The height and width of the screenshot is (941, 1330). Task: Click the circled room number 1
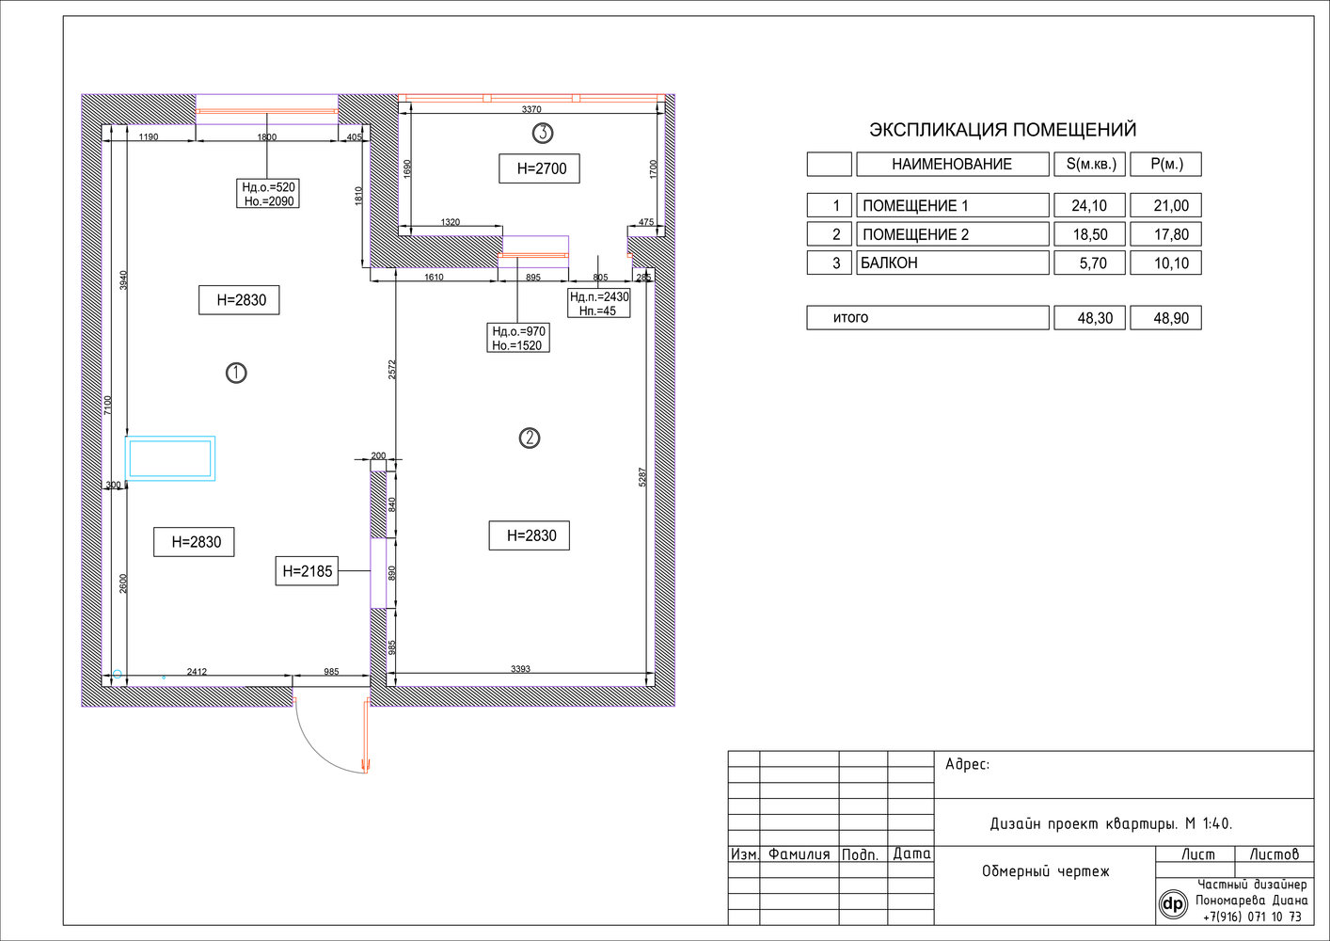[x=236, y=373]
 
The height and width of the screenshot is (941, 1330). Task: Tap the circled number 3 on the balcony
[x=543, y=133]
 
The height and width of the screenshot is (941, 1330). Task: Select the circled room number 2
[x=530, y=439]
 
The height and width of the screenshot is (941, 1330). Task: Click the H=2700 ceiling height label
[x=539, y=168]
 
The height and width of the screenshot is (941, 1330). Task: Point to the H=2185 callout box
[x=307, y=571]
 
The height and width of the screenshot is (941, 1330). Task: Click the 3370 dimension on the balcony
[x=531, y=109]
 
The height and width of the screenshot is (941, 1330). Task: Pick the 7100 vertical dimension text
[x=107, y=406]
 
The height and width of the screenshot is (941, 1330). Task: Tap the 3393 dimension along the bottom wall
[x=521, y=669]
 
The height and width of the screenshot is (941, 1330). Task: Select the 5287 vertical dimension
[x=641, y=477]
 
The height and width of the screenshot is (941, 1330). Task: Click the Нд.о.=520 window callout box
[x=268, y=194]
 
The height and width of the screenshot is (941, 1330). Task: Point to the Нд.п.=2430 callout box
[x=598, y=304]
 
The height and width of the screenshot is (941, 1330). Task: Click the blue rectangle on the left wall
[x=170, y=458]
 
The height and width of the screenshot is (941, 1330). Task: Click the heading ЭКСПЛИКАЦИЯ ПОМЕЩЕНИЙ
[x=1003, y=130]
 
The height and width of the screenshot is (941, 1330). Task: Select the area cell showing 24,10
[x=1089, y=205]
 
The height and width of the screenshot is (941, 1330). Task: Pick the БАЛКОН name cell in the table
[x=953, y=263]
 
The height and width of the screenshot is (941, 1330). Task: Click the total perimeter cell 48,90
[x=1165, y=318]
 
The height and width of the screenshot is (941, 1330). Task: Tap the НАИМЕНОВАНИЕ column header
[x=953, y=164]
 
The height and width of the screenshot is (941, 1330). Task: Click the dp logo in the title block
[x=1173, y=904]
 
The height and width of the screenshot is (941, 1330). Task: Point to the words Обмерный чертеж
[x=1046, y=871]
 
